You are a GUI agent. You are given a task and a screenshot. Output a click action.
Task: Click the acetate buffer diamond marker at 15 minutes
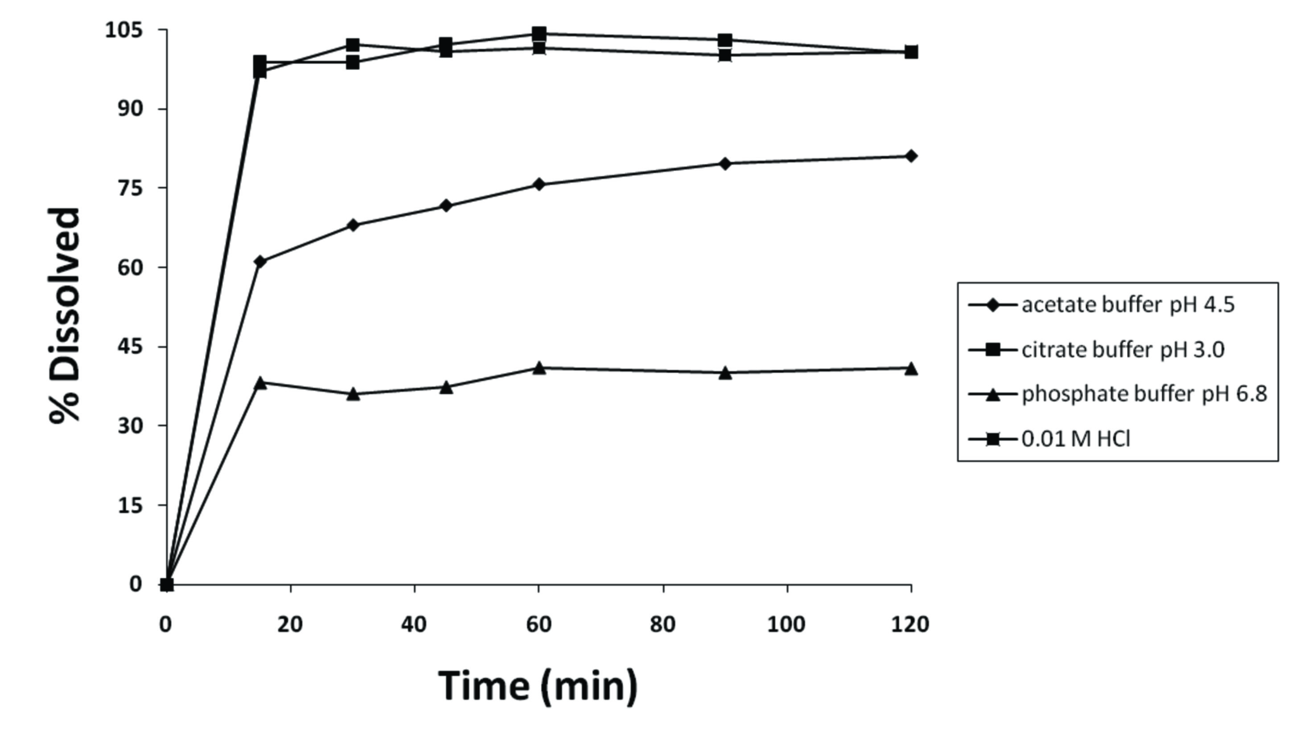260,262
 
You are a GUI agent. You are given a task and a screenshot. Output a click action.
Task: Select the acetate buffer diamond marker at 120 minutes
910,156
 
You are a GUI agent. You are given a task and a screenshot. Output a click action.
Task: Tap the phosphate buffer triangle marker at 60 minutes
539,368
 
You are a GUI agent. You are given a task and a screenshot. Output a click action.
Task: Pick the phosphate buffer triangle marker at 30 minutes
353,394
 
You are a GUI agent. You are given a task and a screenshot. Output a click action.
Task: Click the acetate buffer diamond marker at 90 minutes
724,164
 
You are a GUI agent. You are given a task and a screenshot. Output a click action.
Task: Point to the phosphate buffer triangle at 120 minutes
910,368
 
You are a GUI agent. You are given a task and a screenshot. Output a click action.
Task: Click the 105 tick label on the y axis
123,30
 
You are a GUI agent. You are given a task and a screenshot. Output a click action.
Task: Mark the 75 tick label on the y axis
129,188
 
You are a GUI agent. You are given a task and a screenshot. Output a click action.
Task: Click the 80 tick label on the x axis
663,624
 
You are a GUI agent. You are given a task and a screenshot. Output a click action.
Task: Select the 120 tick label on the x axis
910,624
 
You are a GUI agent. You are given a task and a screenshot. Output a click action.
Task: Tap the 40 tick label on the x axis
414,624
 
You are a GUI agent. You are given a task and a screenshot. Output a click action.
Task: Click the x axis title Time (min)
539,686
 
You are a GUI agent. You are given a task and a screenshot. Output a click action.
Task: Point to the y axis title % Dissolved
65,315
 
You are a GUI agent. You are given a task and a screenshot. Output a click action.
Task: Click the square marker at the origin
167,584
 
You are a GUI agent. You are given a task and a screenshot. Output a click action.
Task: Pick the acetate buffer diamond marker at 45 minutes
446,206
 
